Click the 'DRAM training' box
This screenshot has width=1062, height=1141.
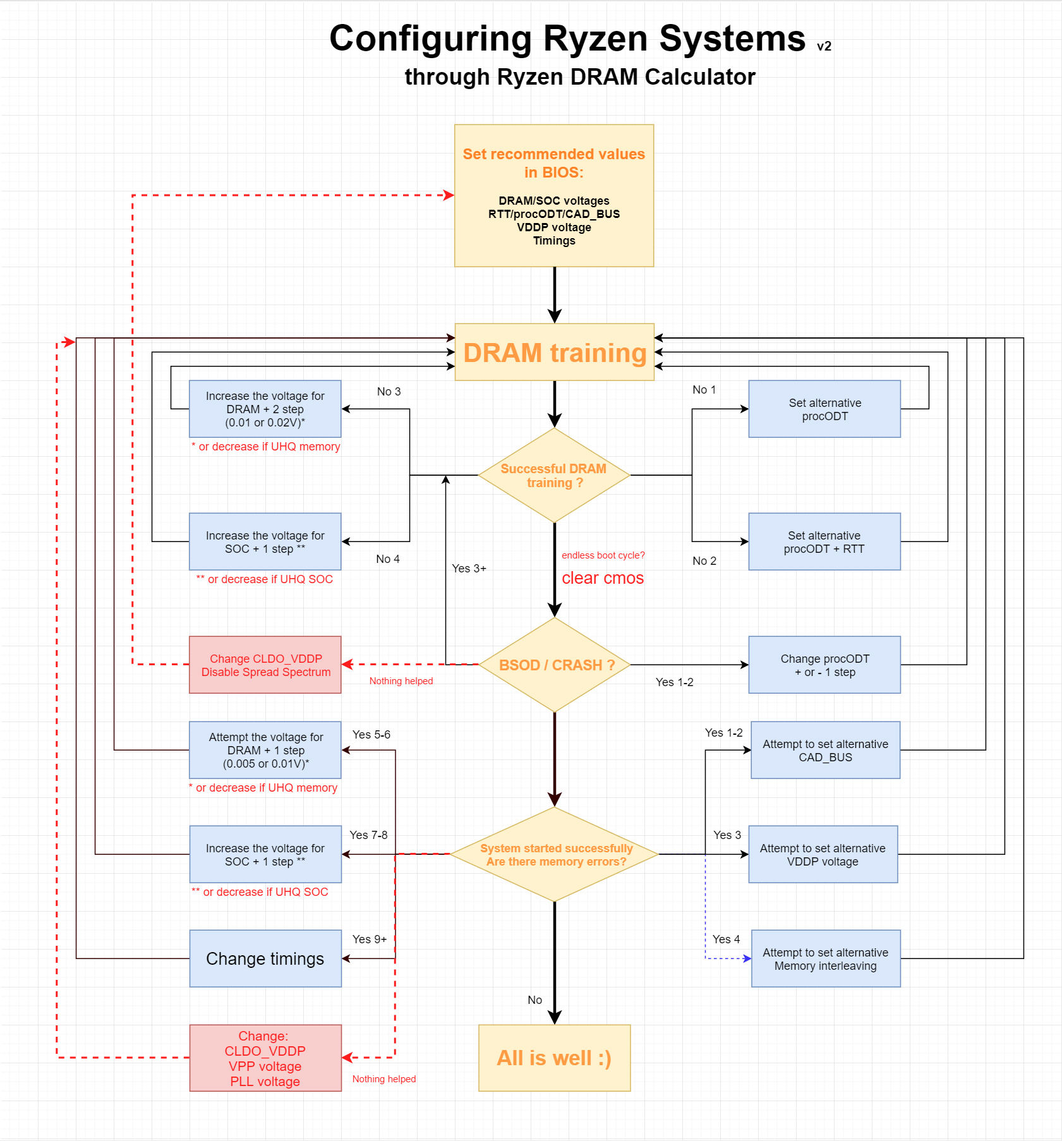pos(554,352)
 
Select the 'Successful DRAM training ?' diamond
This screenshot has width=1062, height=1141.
pos(554,476)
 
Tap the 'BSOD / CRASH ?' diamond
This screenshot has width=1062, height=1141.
pos(554,665)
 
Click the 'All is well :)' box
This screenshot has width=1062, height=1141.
pos(554,1058)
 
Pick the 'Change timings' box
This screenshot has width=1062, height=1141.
pos(265,958)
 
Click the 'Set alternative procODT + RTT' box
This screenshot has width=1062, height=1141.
pos(824,541)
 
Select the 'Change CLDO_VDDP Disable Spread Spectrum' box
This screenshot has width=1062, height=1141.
pos(265,665)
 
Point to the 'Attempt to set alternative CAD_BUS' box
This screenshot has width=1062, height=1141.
pos(825,750)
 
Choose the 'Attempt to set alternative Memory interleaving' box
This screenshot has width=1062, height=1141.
pos(825,958)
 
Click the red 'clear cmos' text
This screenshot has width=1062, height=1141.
pos(603,578)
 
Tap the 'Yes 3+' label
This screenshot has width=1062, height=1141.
pos(469,569)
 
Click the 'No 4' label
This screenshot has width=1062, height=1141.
pos(387,559)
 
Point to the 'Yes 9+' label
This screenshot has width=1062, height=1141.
pos(370,939)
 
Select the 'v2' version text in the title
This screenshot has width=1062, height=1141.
pos(824,47)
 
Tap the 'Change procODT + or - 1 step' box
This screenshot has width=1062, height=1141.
pos(824,665)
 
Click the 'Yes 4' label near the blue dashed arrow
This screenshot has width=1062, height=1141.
pos(726,939)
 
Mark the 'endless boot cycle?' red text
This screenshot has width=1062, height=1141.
pos(603,555)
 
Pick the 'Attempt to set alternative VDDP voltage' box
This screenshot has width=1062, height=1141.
pos(823,854)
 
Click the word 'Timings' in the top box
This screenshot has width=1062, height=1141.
pos(554,241)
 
